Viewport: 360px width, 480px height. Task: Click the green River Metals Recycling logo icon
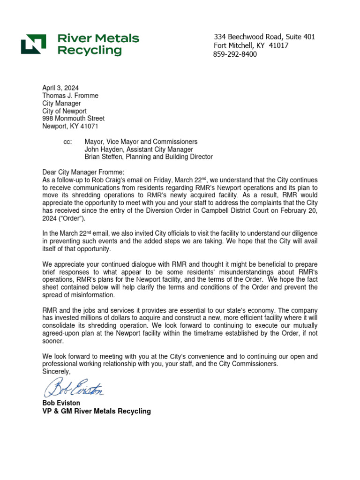point(33,44)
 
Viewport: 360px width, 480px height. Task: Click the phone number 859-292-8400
point(235,54)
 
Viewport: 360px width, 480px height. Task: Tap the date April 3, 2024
point(60,88)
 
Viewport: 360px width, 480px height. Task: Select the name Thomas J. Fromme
point(70,96)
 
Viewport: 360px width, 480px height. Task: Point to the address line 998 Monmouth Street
point(73,119)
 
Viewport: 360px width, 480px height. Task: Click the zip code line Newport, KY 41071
point(70,126)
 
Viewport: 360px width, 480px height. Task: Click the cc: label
point(67,142)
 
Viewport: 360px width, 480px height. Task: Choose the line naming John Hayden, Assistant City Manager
point(138,149)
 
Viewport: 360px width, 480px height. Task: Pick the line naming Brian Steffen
point(148,157)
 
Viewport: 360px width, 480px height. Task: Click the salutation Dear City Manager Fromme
point(84,172)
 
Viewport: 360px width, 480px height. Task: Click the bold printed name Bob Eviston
point(61,403)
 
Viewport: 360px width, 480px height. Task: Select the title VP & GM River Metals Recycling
point(97,411)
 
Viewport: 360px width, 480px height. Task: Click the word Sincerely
point(56,371)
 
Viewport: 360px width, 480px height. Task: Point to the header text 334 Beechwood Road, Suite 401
point(264,37)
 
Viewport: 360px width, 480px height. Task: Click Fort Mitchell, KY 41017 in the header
point(251,45)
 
